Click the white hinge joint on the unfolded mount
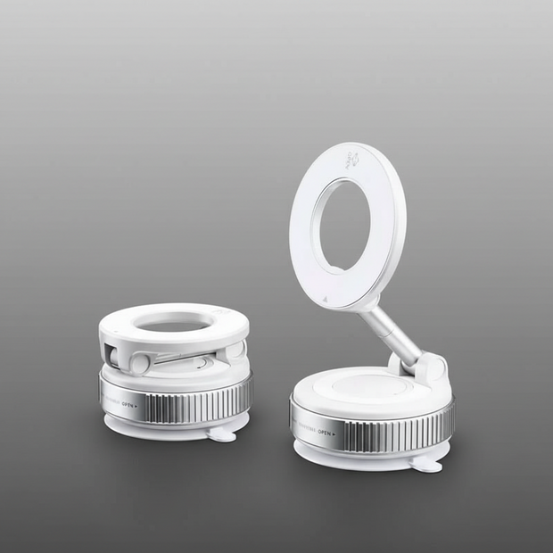(x=431, y=367)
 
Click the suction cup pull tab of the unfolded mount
(x=430, y=465)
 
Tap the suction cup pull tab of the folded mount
(x=222, y=434)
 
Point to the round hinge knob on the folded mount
(x=139, y=363)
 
